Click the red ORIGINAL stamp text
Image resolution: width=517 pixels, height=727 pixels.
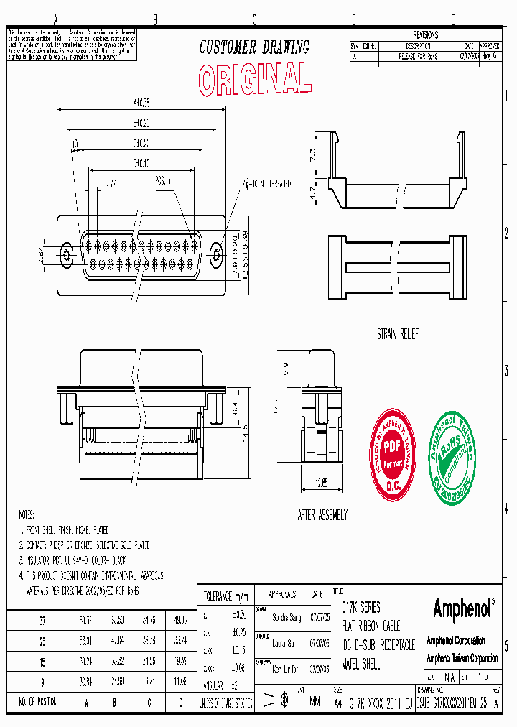(255, 78)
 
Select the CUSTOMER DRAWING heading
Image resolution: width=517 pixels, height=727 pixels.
(254, 47)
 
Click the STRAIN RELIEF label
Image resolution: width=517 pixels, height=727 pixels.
(397, 335)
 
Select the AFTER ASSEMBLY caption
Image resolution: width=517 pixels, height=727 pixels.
(322, 515)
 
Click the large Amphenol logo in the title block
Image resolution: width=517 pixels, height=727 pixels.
(463, 609)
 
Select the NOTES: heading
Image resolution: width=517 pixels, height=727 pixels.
(27, 515)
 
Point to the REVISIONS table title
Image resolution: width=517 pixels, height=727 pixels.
(425, 34)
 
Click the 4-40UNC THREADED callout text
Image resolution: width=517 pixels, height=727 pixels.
(266, 184)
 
